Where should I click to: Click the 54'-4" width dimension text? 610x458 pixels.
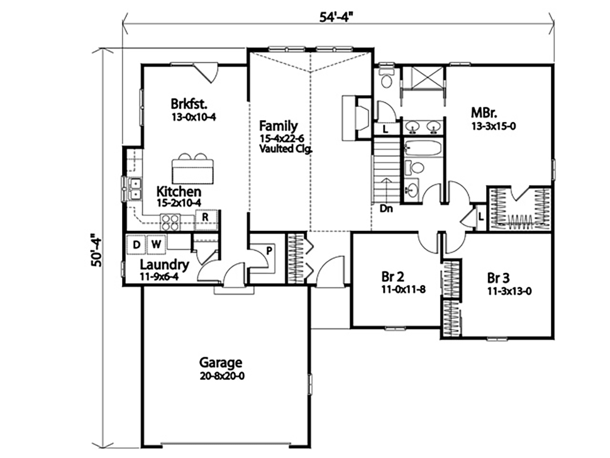click(x=337, y=17)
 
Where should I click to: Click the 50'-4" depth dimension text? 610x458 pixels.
click(x=96, y=250)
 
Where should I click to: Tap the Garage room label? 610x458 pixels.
click(x=221, y=362)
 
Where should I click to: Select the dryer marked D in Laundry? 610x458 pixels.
click(x=136, y=244)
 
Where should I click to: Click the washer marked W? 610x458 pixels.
click(x=156, y=244)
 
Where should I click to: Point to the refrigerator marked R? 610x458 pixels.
click(x=206, y=217)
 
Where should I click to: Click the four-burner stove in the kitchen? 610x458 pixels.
click(x=170, y=222)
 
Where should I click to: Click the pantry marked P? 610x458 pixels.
click(x=269, y=251)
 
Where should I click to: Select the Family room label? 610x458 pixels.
click(x=279, y=126)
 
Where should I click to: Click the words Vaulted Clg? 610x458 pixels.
click(x=286, y=148)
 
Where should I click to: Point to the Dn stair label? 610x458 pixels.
click(x=386, y=209)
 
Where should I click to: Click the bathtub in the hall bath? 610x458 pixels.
click(x=423, y=148)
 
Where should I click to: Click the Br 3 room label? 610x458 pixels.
click(x=498, y=278)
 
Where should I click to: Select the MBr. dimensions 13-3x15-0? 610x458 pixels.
click(x=494, y=126)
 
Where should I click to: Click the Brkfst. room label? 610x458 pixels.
click(x=189, y=104)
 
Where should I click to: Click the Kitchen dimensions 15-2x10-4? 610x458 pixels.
click(x=179, y=203)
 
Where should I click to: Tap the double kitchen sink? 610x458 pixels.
click(x=135, y=188)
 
